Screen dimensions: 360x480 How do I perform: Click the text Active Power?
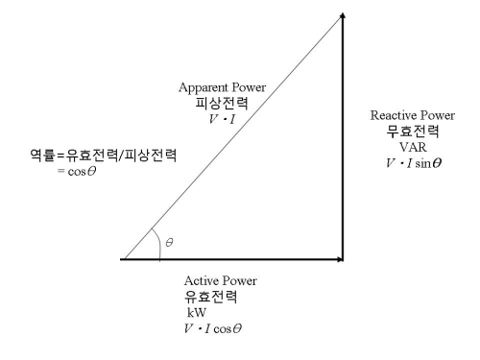click(220, 280)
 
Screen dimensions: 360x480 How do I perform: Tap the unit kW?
click(197, 312)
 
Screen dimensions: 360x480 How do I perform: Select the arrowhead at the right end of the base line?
click(339, 259)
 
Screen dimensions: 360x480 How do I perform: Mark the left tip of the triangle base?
click(123, 259)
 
